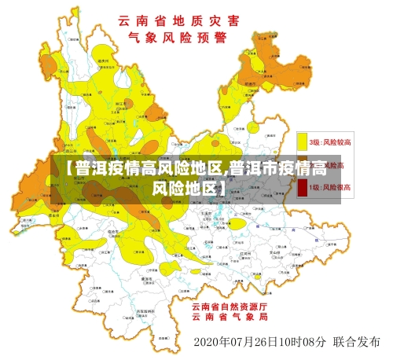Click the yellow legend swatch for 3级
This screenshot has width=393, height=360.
[302, 141]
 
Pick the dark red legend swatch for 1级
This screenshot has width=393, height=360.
[302, 188]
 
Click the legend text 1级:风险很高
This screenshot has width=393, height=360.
[330, 188]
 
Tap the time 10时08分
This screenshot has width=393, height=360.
[299, 342]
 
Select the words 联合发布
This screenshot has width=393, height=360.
[356, 342]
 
